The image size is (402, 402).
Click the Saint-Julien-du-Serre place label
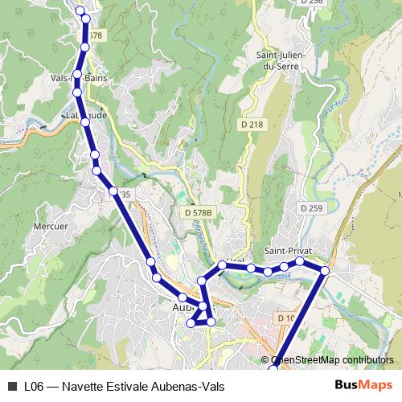tap(279, 60)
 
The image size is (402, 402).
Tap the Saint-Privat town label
tap(289, 249)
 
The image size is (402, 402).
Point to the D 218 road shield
tap(252, 125)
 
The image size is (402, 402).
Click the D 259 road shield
tap(311, 208)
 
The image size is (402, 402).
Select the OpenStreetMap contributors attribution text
tap(332, 360)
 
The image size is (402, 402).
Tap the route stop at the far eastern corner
tap(325, 270)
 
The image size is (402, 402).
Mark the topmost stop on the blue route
tap(80, 11)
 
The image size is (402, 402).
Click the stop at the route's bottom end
tap(273, 368)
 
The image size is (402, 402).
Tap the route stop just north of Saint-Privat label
tap(299, 261)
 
